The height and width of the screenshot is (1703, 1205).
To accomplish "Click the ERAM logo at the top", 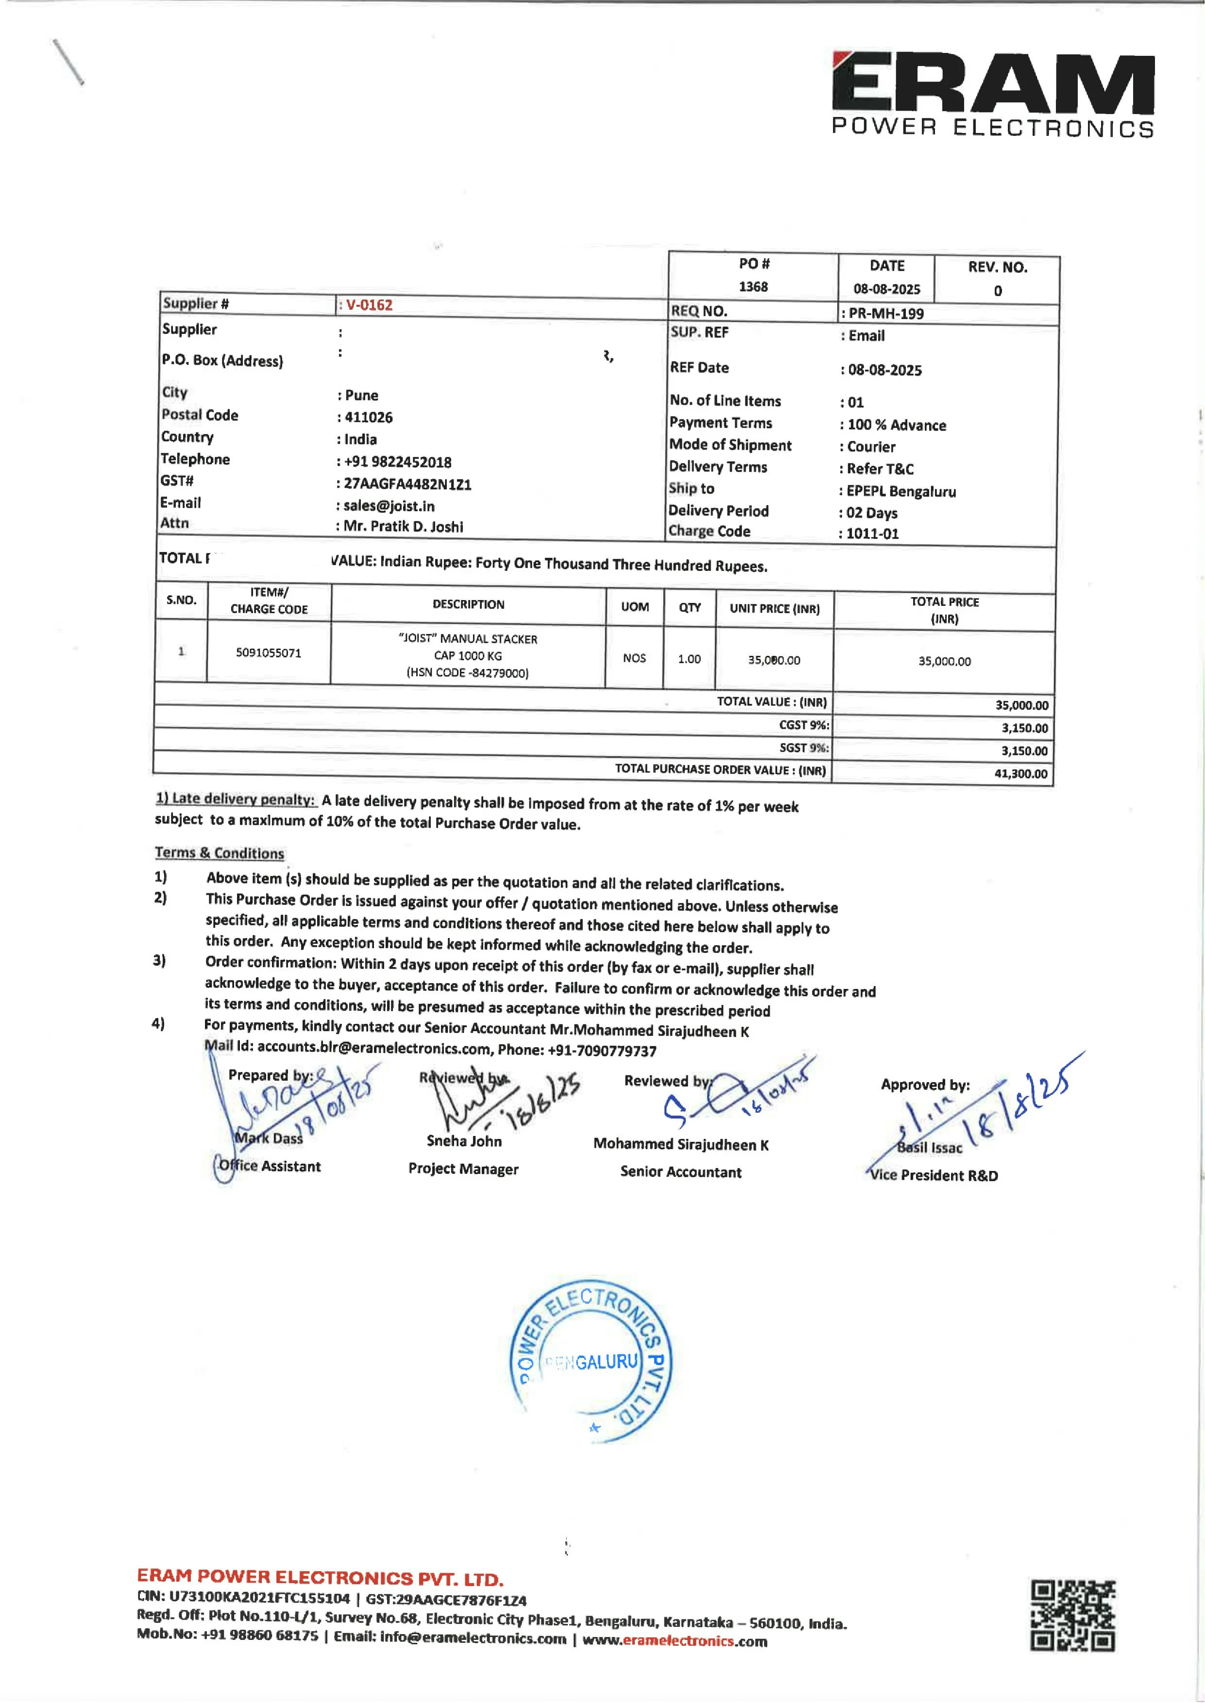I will click(992, 94).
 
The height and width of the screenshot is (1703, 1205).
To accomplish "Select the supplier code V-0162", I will click(369, 305).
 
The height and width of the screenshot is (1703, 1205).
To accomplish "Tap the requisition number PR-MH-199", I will click(885, 314).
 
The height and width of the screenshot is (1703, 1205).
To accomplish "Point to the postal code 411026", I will click(368, 417).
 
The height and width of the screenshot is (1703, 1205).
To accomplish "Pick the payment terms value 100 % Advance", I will click(896, 425).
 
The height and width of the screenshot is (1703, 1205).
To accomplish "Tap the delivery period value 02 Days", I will click(871, 513).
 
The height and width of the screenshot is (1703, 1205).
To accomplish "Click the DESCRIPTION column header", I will click(468, 604).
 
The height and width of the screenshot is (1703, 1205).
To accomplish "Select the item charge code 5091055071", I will click(269, 653).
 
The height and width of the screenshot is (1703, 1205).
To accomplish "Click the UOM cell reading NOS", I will click(634, 658).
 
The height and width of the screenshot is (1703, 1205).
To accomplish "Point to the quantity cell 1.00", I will click(689, 659).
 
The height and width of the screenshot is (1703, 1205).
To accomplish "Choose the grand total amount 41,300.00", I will click(1021, 774).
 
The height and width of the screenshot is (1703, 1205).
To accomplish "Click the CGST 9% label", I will click(804, 725).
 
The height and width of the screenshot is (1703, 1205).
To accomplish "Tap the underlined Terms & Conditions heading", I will click(219, 853).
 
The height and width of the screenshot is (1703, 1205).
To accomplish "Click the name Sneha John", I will click(464, 1141).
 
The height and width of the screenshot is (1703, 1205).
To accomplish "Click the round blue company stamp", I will click(591, 1361).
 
